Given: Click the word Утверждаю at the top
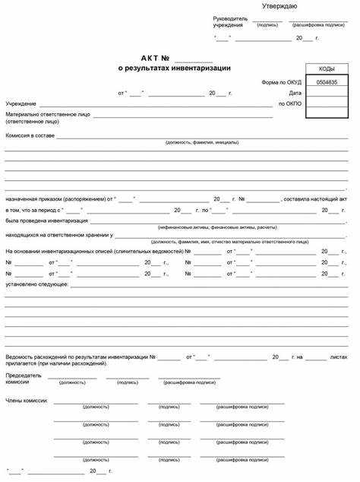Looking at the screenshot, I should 279,6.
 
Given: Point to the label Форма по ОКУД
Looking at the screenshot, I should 283,81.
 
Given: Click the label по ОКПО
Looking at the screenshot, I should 290,103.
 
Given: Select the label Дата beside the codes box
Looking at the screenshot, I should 295,92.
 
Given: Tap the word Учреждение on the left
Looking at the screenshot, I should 21,103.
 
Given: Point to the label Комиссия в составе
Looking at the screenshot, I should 30,135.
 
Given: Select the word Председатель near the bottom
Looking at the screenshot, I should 23,376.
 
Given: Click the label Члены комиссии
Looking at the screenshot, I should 27,400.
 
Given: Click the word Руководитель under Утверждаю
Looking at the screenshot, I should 229,18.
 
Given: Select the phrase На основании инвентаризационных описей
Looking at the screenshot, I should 60,251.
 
